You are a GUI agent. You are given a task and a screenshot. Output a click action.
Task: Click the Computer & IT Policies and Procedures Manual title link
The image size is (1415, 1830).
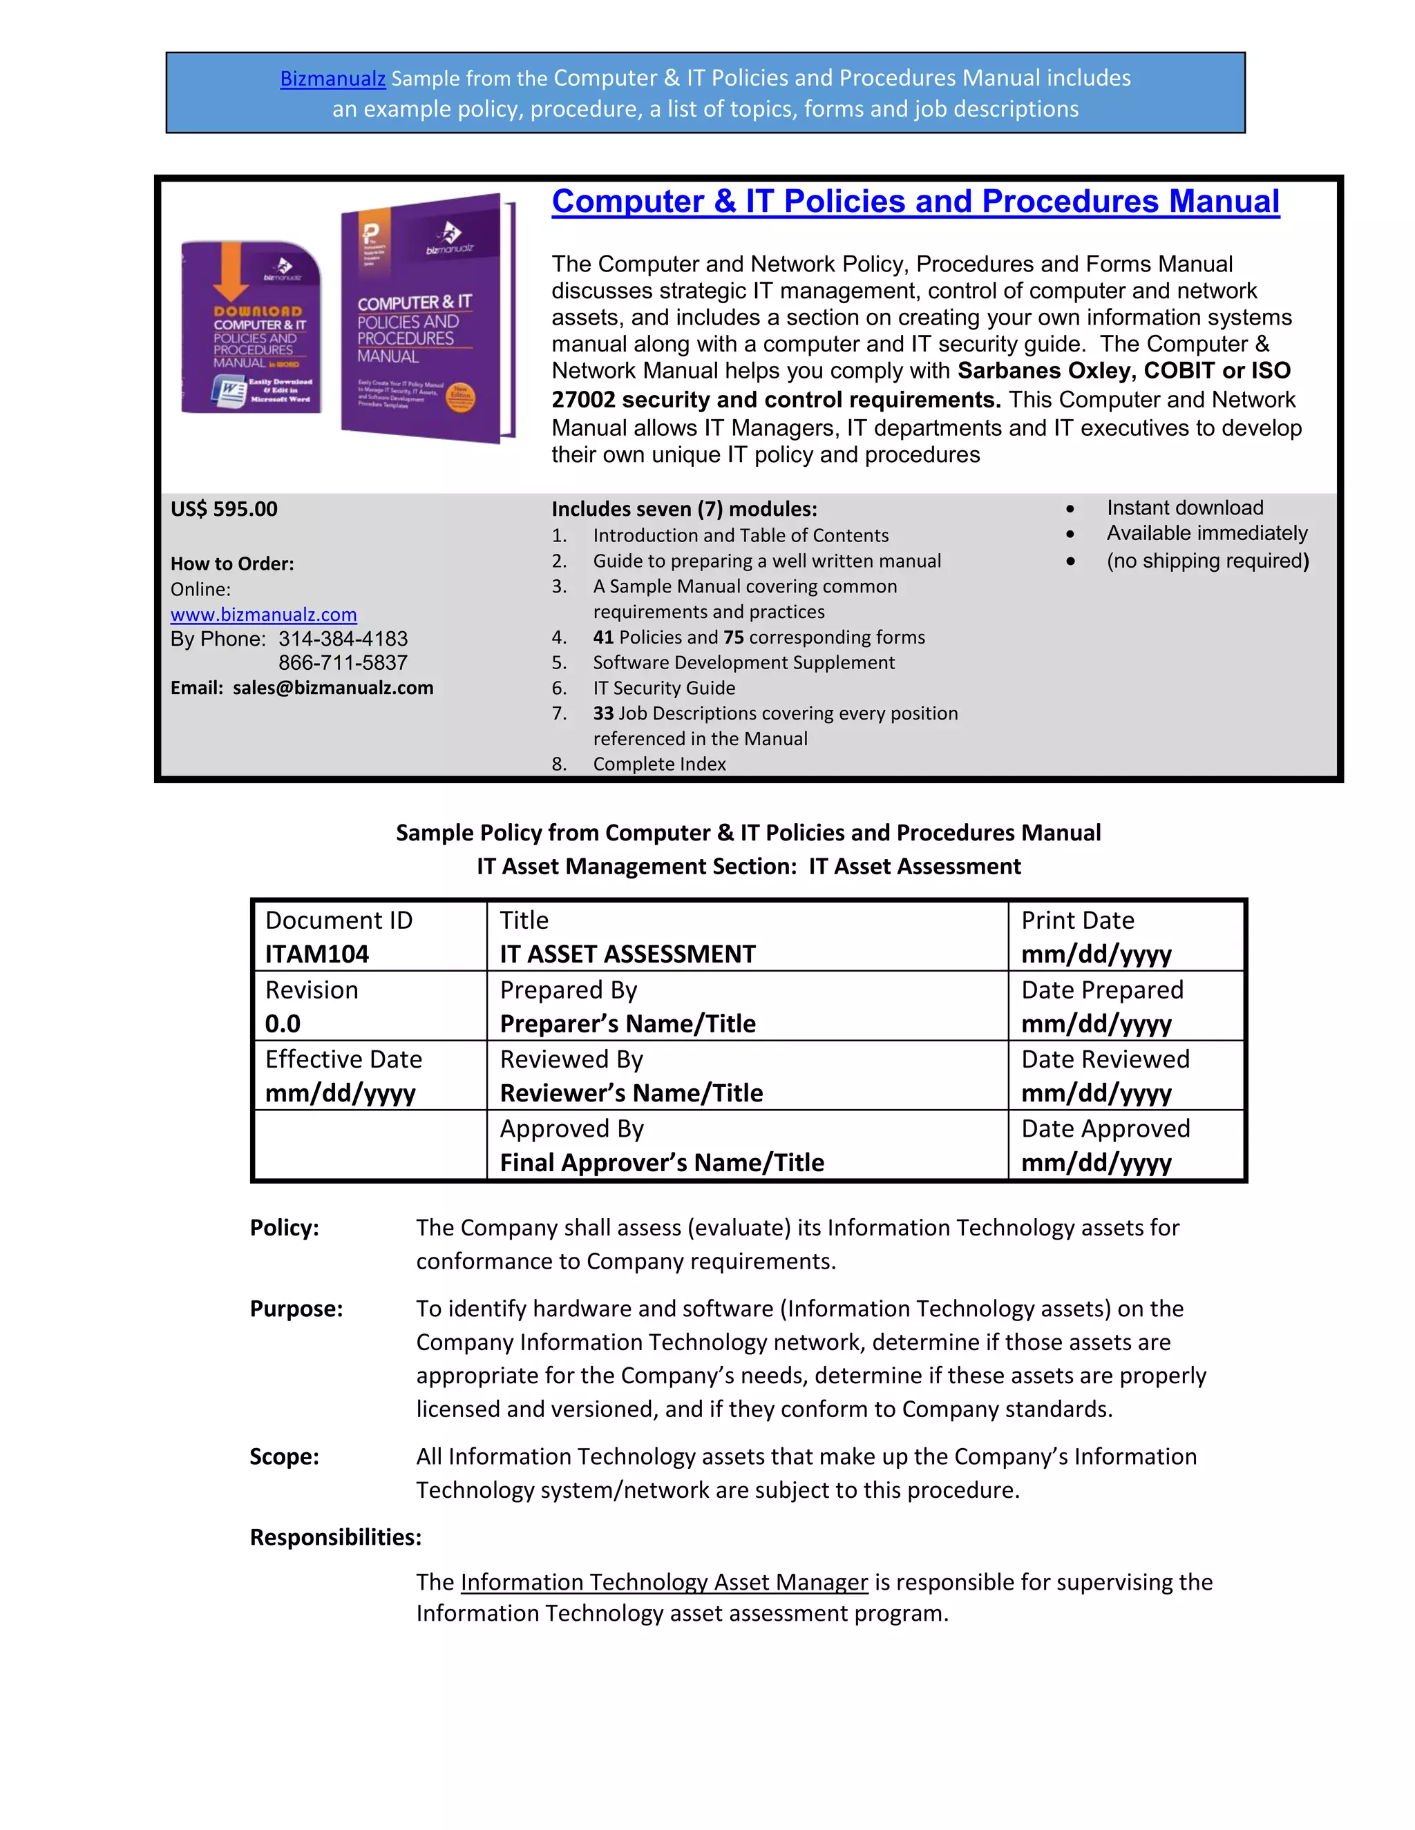915,201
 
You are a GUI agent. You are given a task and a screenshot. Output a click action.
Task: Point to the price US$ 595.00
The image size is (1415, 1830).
224,510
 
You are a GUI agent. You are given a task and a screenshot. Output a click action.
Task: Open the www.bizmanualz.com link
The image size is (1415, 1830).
263,615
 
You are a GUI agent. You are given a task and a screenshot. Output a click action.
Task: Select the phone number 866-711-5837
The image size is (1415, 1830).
343,663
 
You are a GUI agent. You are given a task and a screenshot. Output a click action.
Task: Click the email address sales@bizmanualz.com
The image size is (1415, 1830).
333,688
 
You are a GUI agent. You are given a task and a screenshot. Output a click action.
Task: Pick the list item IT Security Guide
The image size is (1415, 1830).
664,688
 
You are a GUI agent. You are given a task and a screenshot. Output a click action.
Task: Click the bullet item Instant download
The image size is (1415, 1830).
1184,508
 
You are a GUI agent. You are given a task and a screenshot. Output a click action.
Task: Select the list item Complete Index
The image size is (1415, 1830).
659,764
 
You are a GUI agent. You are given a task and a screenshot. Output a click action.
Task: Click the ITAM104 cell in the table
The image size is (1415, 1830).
317,954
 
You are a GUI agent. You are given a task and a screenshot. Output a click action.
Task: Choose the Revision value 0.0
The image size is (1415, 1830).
283,1024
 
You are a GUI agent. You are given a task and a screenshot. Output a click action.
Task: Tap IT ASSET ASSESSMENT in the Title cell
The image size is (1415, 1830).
627,954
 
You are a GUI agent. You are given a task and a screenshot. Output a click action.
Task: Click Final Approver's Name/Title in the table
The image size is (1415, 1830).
661,1163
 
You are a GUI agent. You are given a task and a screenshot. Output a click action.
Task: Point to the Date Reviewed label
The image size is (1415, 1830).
1105,1060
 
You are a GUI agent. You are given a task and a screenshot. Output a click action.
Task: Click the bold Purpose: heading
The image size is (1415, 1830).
296,1309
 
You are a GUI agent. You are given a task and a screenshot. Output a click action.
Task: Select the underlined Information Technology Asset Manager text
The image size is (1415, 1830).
664,1582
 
